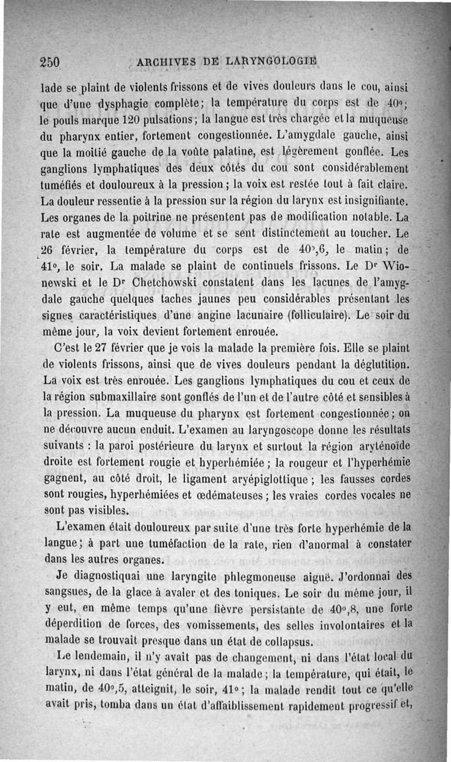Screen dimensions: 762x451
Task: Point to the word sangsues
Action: [x=68, y=593]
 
